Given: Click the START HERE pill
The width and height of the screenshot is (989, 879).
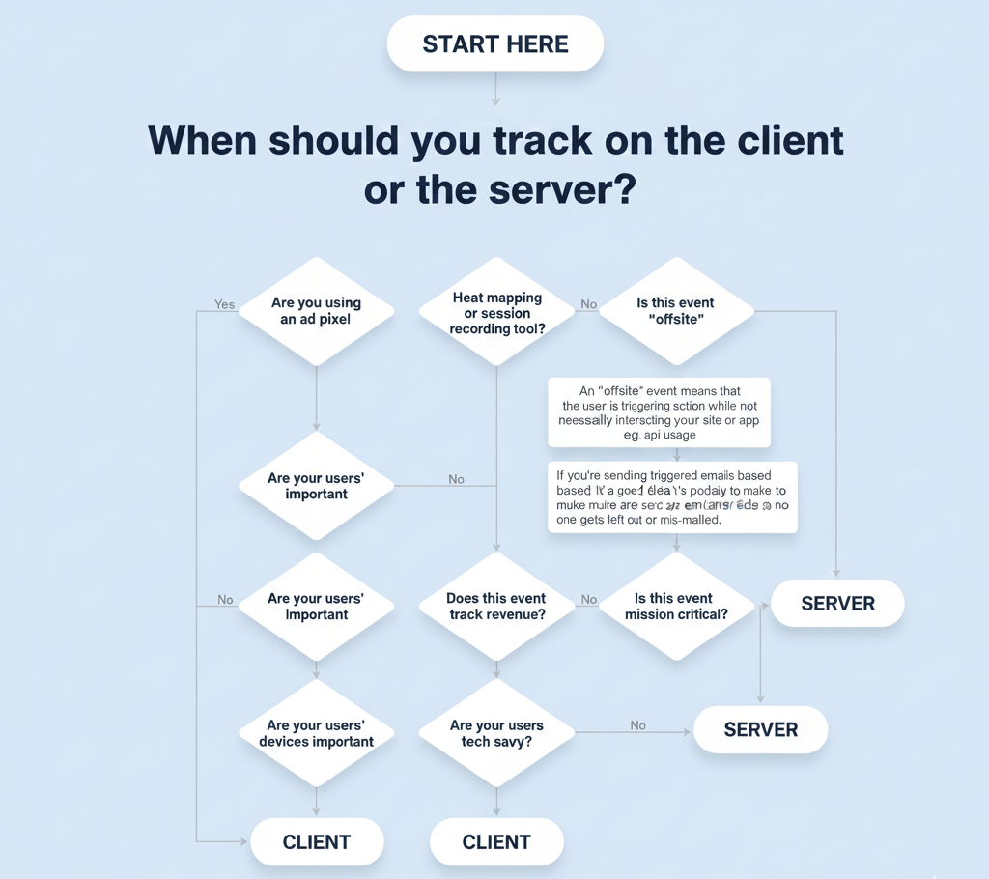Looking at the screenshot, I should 494,44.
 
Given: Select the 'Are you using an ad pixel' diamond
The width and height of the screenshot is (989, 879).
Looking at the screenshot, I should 316,311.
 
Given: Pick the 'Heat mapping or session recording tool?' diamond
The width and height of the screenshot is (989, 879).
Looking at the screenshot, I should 496,312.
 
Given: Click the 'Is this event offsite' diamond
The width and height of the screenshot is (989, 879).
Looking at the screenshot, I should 676,311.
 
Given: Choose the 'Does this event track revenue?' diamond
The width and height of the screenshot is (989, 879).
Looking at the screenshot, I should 496,607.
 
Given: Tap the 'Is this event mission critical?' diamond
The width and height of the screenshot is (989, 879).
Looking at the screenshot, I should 676,607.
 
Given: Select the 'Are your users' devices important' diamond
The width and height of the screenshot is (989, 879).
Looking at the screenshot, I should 316,733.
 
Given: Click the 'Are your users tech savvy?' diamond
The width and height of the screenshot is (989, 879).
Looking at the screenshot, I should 496,733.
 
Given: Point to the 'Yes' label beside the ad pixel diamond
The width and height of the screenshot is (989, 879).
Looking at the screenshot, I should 225,304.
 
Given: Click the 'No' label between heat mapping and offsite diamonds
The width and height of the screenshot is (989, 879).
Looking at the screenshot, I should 588,304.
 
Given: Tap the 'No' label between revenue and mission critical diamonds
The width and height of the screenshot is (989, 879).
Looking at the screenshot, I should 588,600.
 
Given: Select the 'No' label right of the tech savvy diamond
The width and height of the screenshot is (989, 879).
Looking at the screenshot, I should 637,725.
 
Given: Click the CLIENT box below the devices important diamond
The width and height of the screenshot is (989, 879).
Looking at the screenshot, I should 317,842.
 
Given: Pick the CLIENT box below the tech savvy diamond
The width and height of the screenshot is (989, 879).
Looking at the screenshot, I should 496,842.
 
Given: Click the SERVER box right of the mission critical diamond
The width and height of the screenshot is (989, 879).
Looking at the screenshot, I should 837,604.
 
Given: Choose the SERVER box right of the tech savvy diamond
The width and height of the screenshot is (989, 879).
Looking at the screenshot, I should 760,729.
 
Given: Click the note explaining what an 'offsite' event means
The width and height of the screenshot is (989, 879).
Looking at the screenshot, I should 659,412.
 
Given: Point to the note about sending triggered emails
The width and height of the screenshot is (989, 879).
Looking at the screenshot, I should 672,496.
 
